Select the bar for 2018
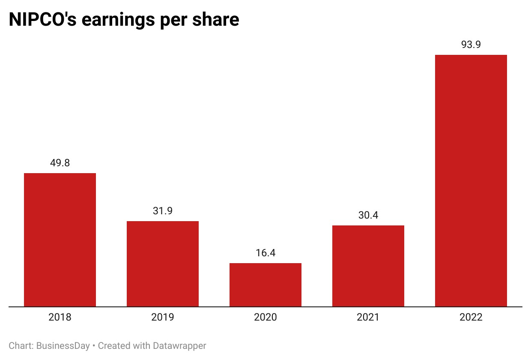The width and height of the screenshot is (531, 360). click(60, 240)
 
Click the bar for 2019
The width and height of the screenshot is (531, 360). click(163, 264)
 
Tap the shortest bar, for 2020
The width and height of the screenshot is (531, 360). click(265, 285)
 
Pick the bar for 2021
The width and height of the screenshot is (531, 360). click(368, 266)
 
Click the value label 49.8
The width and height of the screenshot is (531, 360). click(60, 163)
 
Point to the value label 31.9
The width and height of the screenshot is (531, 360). click(163, 211)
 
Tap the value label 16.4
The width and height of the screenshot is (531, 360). click(265, 253)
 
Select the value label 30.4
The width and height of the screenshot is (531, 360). click(368, 215)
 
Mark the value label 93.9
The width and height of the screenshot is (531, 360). click(471, 45)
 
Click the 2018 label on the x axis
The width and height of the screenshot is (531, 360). click(60, 318)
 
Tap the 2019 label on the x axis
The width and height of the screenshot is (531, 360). click(163, 318)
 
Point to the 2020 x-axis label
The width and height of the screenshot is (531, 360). click(265, 318)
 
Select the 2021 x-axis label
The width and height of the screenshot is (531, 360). click(368, 318)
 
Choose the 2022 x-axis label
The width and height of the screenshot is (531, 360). click(471, 318)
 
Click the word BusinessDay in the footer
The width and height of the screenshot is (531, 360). click(63, 346)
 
